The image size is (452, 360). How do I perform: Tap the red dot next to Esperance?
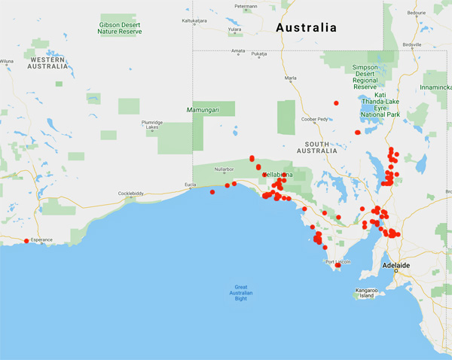(x=26, y=241)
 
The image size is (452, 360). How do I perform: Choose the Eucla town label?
(x=191, y=184)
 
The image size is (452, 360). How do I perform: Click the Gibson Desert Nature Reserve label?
(x=120, y=29)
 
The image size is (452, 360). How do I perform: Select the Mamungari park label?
(x=201, y=110)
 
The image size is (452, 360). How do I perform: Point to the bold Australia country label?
(x=307, y=28)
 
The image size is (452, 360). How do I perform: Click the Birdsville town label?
(x=413, y=44)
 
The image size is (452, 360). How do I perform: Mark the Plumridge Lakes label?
(x=151, y=124)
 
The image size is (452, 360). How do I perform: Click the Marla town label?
(x=291, y=78)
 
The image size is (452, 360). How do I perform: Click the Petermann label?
(x=246, y=7)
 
